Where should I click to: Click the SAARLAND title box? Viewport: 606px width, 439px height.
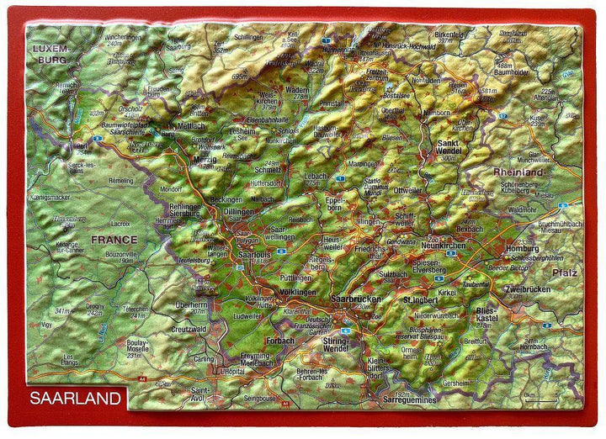[x=75, y=398]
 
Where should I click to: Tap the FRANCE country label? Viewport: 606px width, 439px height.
[x=114, y=239]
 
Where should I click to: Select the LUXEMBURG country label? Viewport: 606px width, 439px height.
[x=50, y=55]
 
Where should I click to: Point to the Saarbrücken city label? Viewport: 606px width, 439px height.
[x=356, y=299]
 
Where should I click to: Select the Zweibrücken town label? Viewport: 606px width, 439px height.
[x=528, y=289]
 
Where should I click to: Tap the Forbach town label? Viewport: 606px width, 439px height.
[x=279, y=341]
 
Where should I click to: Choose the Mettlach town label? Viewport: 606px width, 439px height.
[x=192, y=125]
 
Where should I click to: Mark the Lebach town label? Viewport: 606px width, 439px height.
[x=317, y=175]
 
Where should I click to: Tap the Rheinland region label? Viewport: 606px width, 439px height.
[x=519, y=172]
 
